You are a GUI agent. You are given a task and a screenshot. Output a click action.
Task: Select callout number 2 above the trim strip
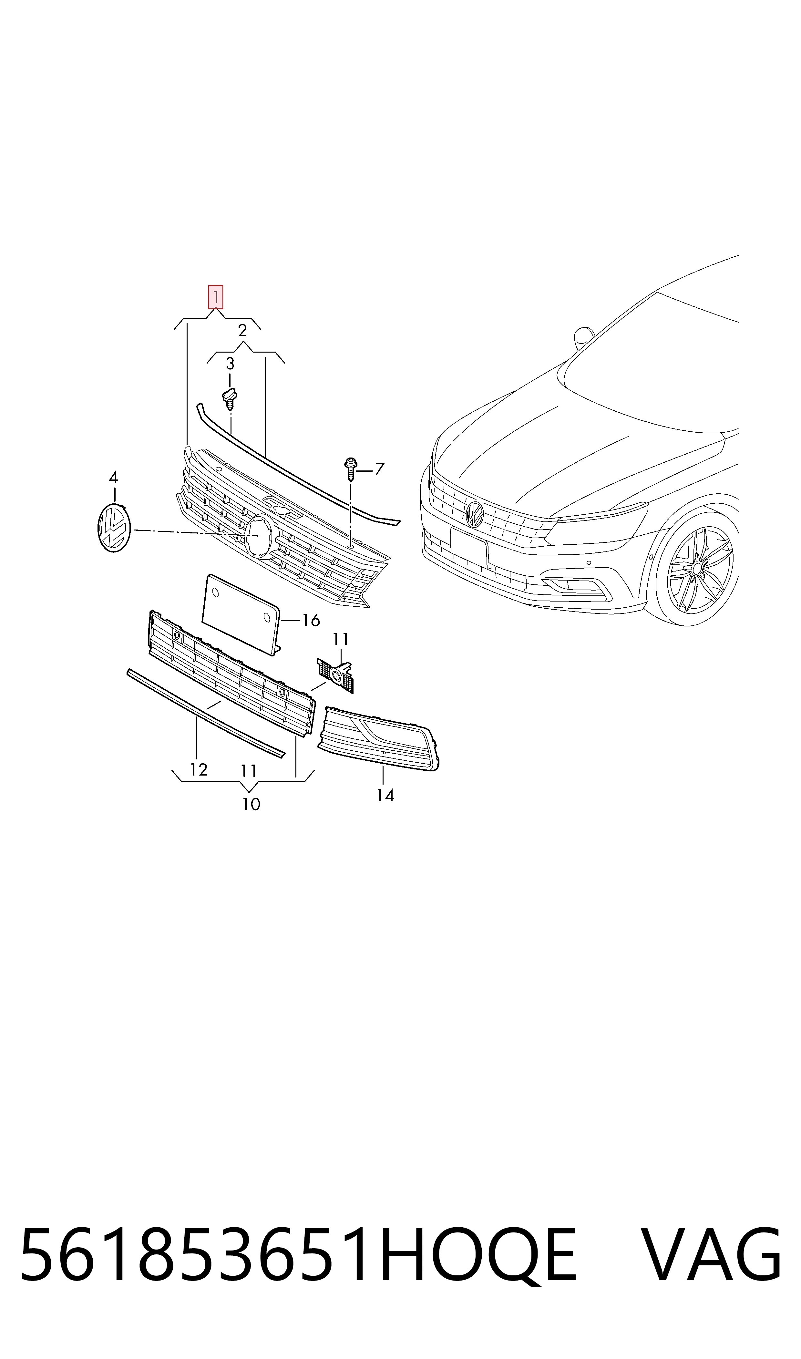tap(242, 330)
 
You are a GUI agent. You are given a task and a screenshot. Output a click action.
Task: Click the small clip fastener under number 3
tap(230, 399)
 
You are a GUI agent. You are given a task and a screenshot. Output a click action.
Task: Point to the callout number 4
tap(113, 477)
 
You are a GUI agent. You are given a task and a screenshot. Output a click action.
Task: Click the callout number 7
tap(379, 469)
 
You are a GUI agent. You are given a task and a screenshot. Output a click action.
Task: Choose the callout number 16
tap(311, 621)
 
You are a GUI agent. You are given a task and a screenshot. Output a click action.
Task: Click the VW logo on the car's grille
tap(475, 514)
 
